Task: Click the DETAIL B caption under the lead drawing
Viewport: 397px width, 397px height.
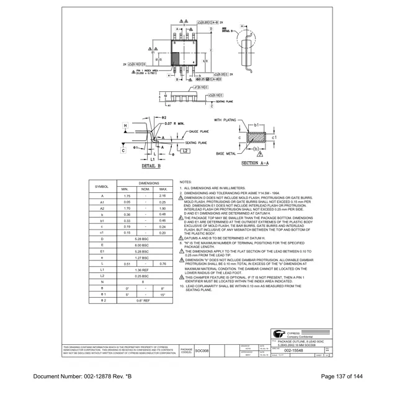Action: [x=151, y=166]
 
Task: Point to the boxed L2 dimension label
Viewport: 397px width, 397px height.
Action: [x=185, y=151]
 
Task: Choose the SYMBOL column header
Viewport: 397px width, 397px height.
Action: [x=102, y=186]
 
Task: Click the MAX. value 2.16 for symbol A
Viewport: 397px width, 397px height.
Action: [x=163, y=196]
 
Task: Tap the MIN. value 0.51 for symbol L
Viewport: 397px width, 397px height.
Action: [x=127, y=264]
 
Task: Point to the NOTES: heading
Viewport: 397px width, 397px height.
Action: [x=185, y=182]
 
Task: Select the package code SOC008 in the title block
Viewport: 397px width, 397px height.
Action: [x=202, y=350]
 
